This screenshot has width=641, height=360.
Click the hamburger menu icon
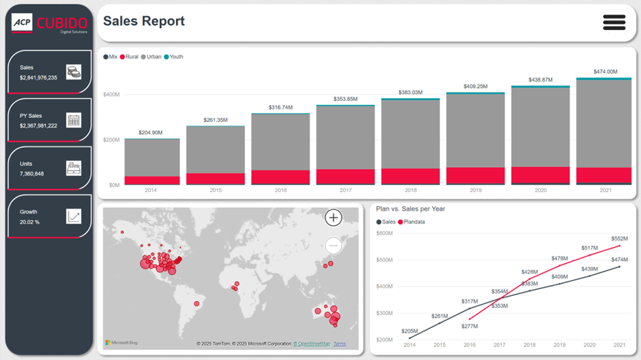click(x=614, y=22)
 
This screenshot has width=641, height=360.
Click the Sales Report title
click(x=144, y=21)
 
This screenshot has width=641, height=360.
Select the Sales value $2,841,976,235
click(x=38, y=78)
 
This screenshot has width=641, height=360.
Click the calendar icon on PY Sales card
click(x=74, y=120)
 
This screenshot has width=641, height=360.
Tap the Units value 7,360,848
click(x=31, y=174)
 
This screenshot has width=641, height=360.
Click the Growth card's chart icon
click(x=74, y=217)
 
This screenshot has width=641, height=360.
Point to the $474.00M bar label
click(x=605, y=72)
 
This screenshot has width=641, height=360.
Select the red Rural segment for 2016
click(x=280, y=177)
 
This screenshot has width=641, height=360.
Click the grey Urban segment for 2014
click(x=152, y=157)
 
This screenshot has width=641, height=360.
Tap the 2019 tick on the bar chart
click(x=475, y=191)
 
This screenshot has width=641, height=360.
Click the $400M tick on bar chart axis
click(x=111, y=94)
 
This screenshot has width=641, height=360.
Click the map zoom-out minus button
click(x=333, y=245)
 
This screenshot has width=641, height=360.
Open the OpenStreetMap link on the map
click(x=312, y=344)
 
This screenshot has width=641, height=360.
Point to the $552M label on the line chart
click(x=619, y=239)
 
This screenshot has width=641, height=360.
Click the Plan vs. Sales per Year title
click(x=411, y=209)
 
